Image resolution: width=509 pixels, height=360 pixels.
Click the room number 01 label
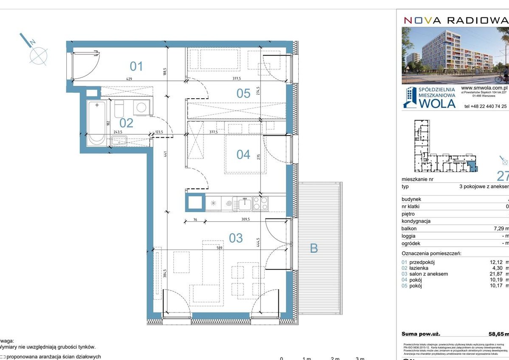(x=136, y=66)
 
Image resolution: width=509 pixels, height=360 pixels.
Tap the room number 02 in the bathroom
(x=126, y=123)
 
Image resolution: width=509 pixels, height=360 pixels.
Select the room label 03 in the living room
(x=236, y=238)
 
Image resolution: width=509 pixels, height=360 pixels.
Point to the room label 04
(x=243, y=154)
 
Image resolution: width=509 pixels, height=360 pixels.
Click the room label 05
(x=243, y=93)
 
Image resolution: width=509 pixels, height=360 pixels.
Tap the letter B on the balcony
(x=314, y=248)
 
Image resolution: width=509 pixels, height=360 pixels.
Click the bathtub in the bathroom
(x=97, y=123)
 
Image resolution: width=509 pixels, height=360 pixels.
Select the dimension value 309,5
(x=243, y=220)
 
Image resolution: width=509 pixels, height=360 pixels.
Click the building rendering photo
(x=455, y=55)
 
